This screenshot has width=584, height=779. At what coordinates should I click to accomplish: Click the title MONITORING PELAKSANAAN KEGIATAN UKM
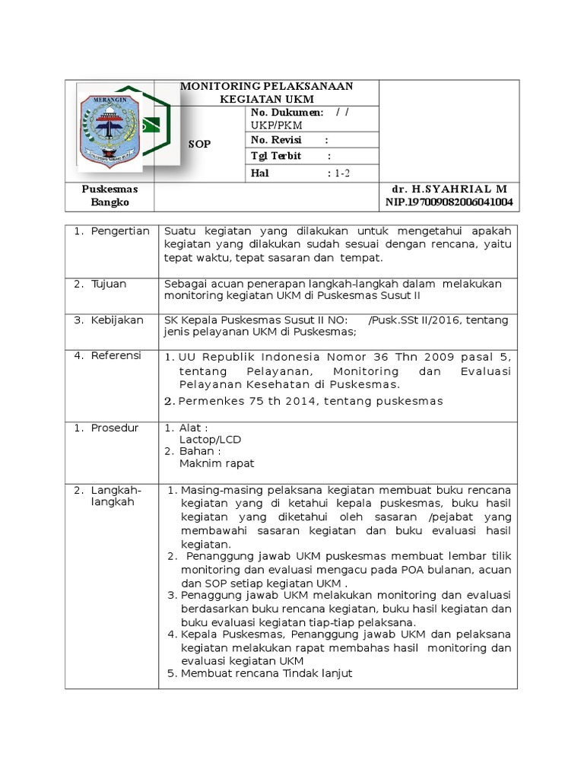[x=266, y=93]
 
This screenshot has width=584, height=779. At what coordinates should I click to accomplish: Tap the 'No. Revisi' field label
[x=276, y=140]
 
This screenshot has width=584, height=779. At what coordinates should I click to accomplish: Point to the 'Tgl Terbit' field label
[x=276, y=156]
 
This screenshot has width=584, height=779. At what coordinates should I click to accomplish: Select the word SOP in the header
[x=201, y=143]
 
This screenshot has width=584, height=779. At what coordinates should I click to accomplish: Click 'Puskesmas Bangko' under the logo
[x=110, y=196]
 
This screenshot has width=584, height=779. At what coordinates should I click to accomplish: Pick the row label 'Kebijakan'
[x=117, y=320]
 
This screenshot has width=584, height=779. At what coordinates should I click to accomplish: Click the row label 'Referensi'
[x=117, y=355]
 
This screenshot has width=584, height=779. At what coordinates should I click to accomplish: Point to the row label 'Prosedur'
[x=115, y=428]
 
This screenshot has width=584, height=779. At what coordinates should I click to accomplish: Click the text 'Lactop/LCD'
[x=210, y=440]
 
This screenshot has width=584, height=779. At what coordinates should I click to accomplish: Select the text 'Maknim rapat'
[x=217, y=463]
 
